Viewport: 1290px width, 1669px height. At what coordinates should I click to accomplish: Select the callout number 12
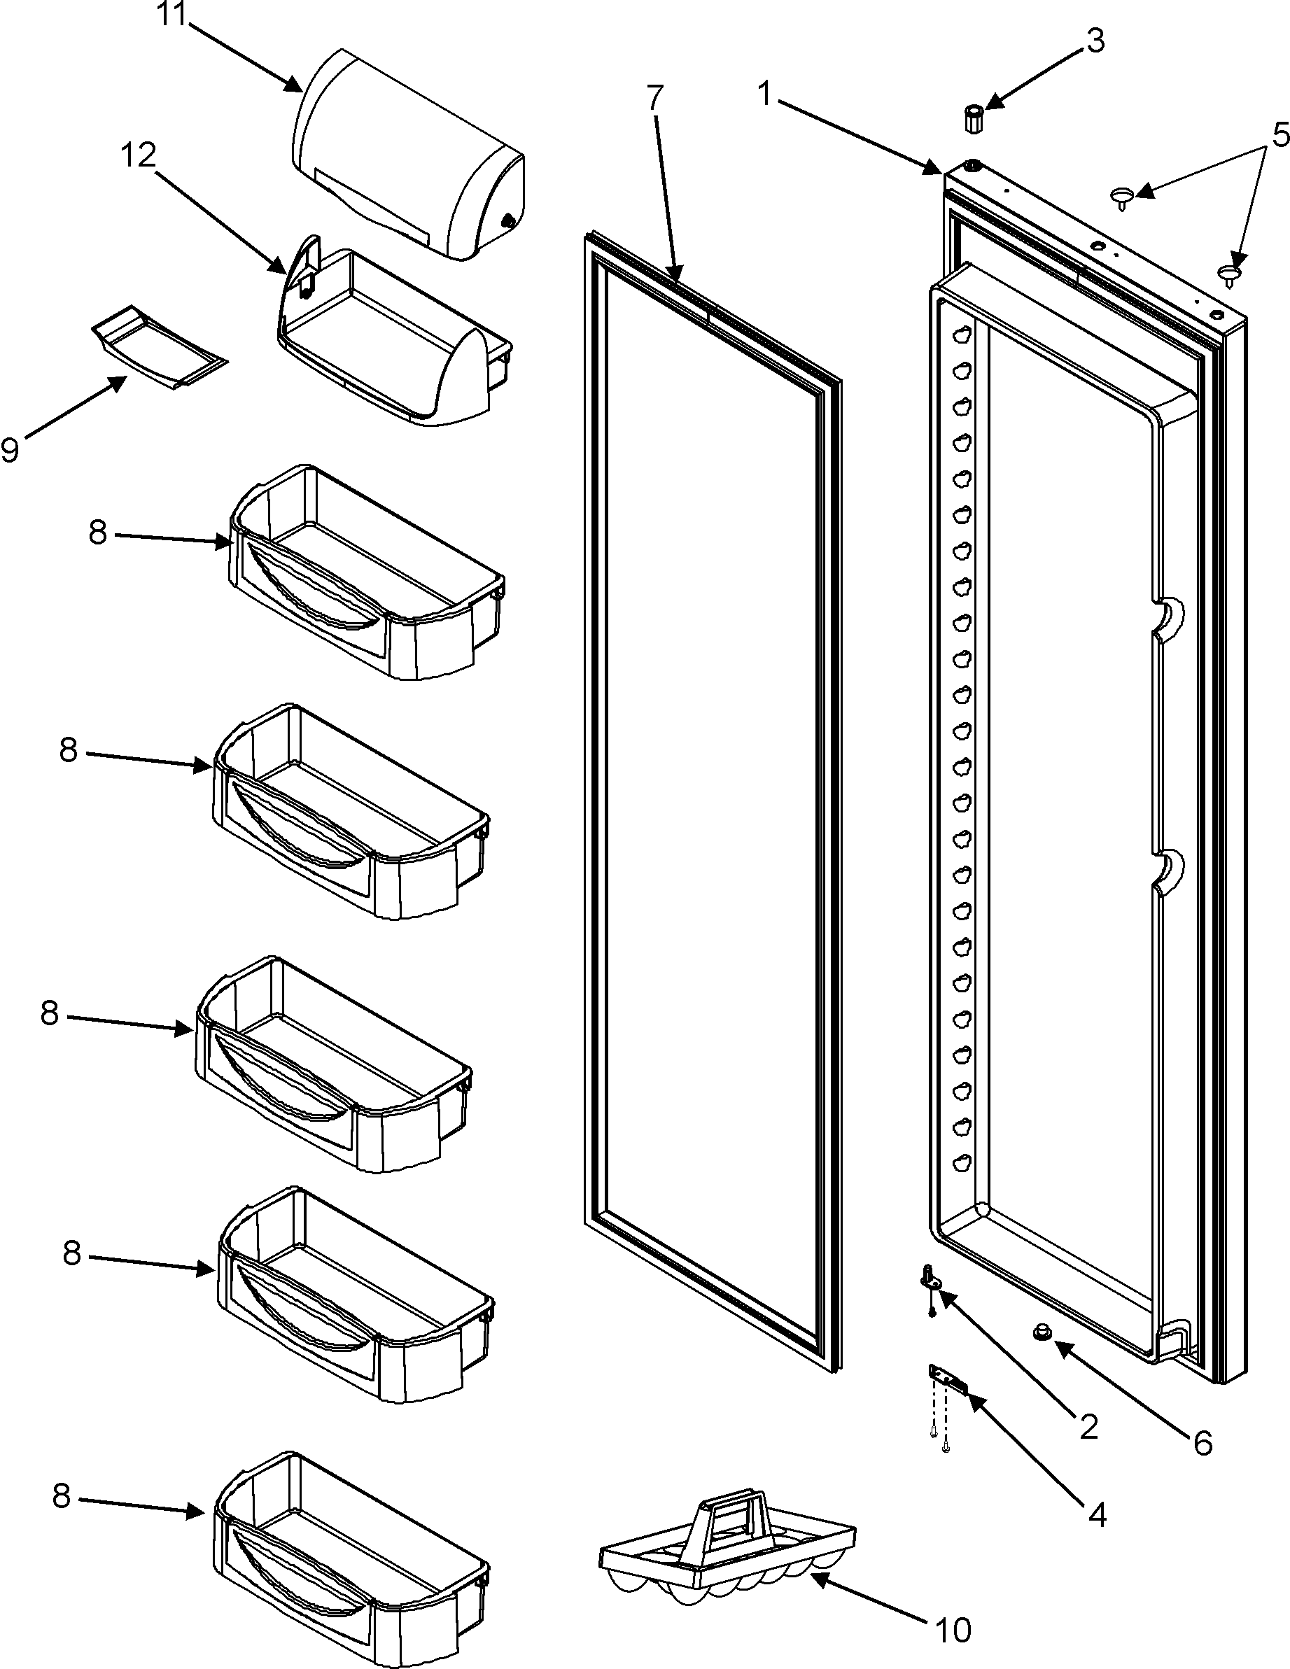pyautogui.click(x=138, y=156)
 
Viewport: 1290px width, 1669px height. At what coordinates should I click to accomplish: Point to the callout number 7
pyautogui.click(x=655, y=97)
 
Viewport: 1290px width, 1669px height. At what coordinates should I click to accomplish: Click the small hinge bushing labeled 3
pyautogui.click(x=973, y=119)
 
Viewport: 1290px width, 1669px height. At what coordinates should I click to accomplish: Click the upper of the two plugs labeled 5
pyautogui.click(x=1121, y=197)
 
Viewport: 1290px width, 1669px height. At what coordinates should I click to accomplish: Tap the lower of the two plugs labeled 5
pyautogui.click(x=1228, y=272)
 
